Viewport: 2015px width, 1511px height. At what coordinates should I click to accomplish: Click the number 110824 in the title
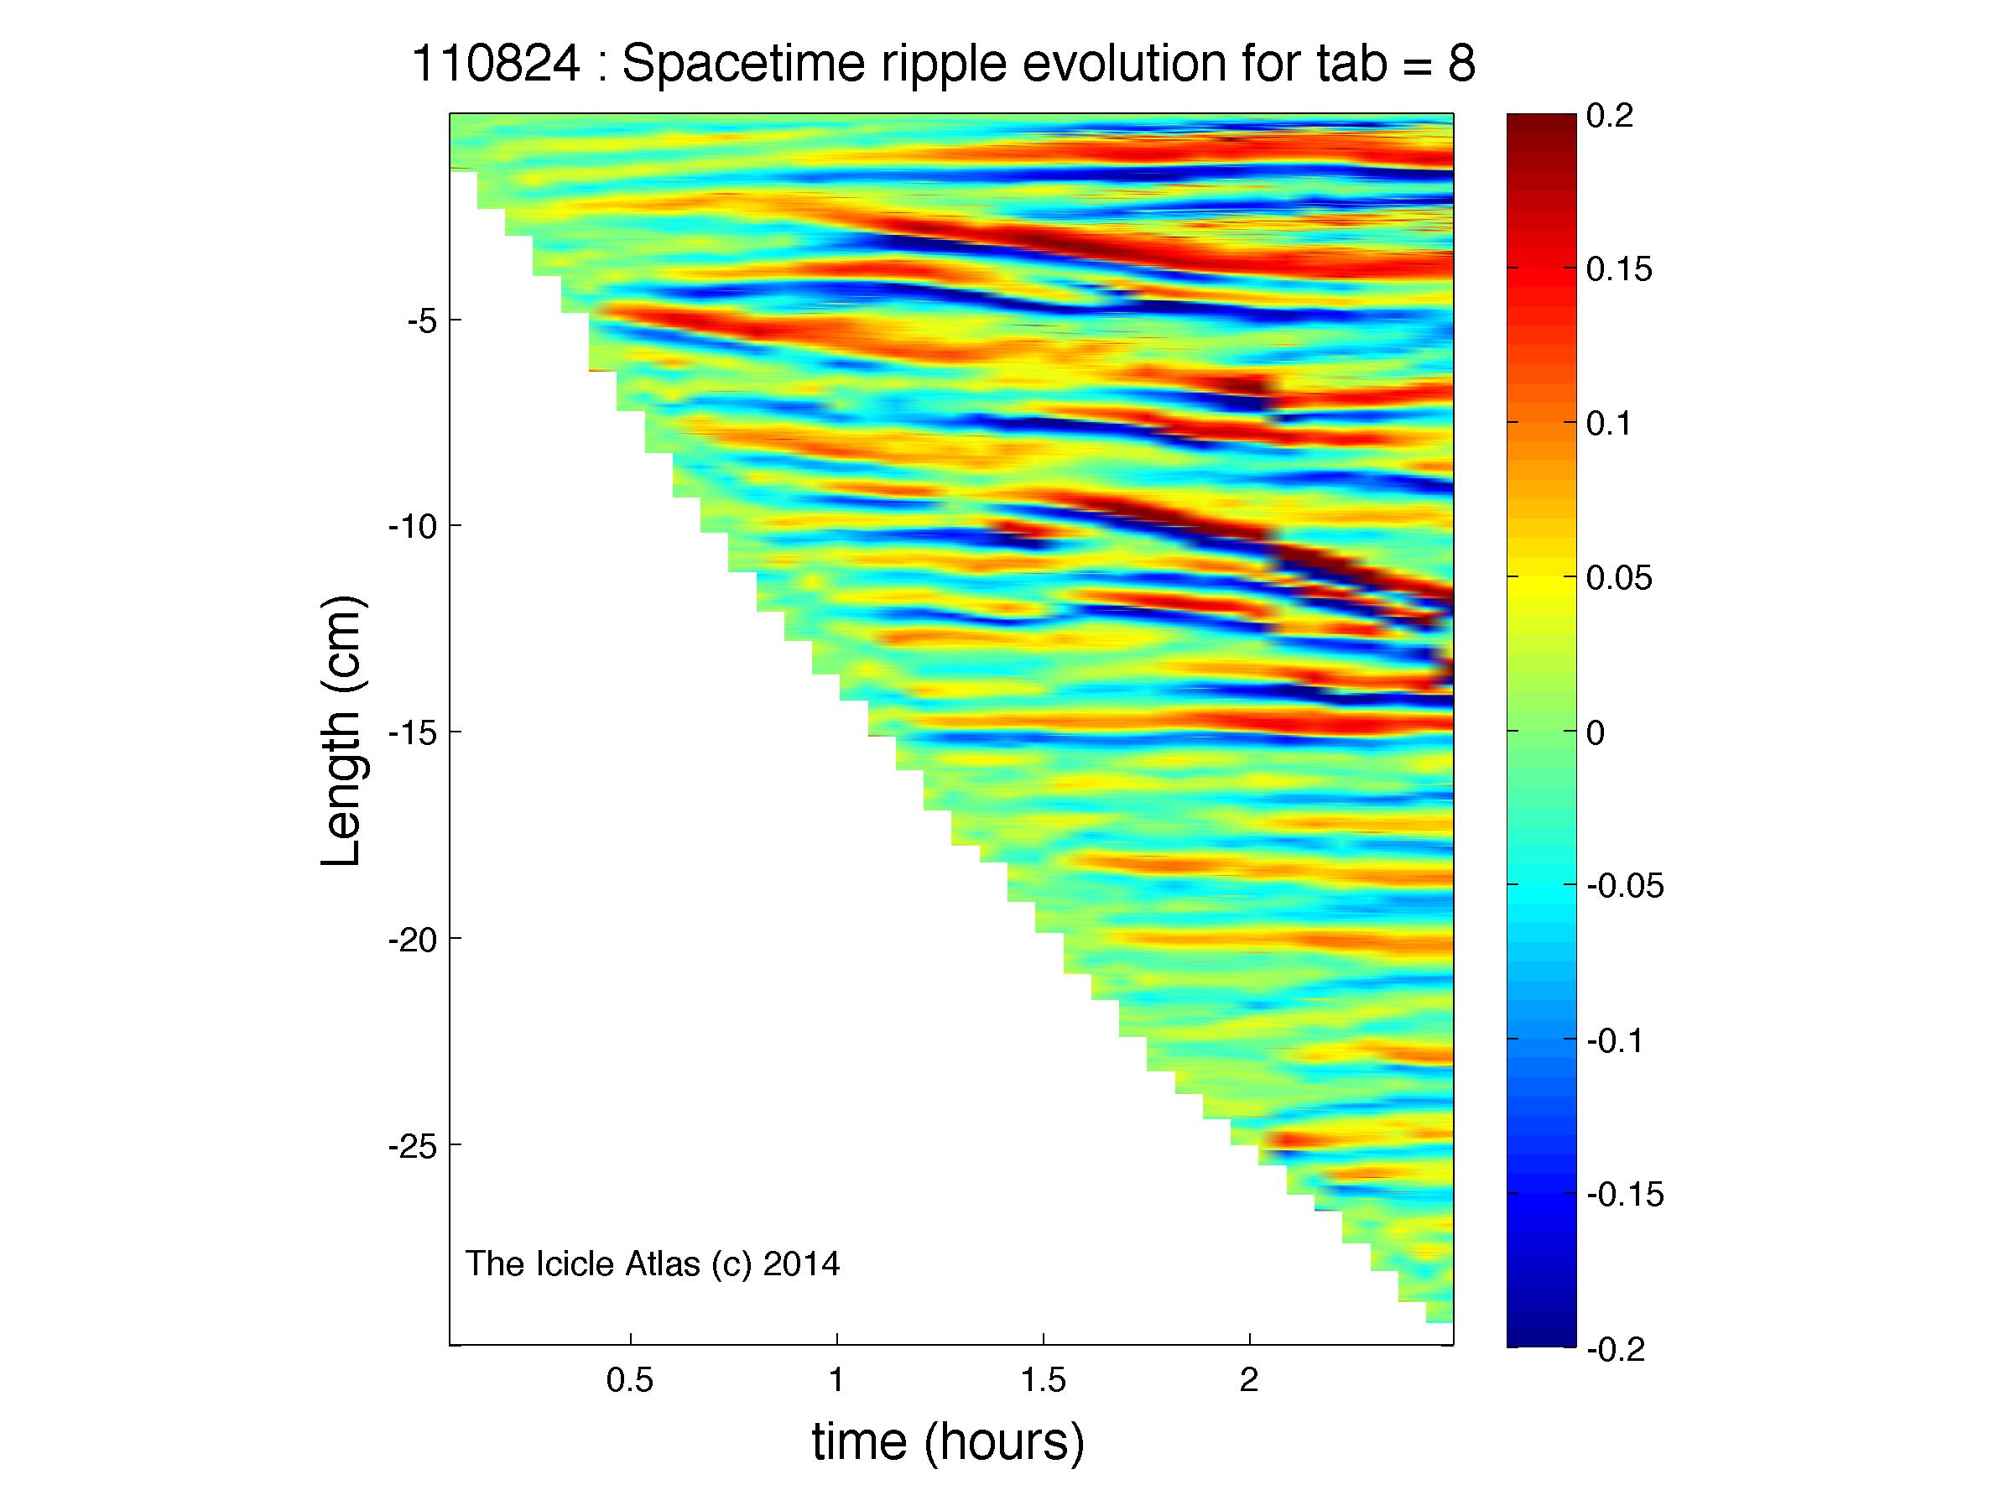tap(497, 65)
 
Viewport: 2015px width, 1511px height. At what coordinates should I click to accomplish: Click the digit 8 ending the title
tap(1461, 65)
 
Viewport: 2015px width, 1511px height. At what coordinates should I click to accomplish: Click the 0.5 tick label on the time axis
tap(630, 1381)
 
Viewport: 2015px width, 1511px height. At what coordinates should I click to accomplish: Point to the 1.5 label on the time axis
tap(1043, 1381)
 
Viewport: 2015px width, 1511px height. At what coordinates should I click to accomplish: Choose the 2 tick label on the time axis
tap(1249, 1381)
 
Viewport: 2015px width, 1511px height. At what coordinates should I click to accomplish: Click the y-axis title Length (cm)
tap(343, 731)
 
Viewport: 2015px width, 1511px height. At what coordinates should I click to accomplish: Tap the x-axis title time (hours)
tap(948, 1444)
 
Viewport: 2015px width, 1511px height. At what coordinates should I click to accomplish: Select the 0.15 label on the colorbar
tap(1619, 269)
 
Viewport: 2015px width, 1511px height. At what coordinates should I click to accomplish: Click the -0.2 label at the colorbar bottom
tap(1616, 1348)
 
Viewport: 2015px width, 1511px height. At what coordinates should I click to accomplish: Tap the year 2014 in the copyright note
tap(801, 1264)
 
